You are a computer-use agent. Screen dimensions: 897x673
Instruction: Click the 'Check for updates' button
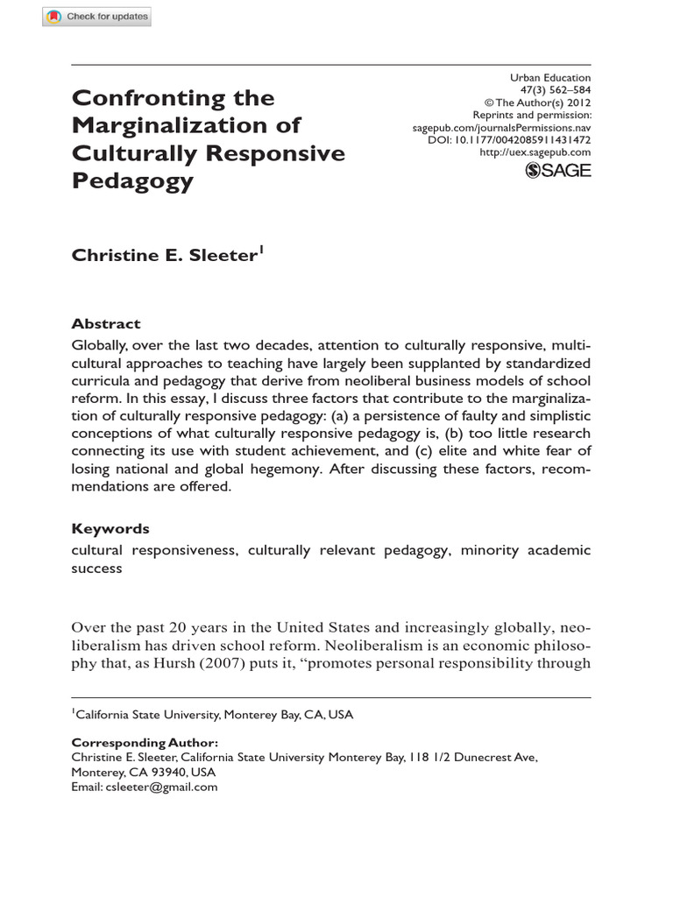(97, 17)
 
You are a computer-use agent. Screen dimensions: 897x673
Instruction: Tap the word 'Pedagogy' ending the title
(131, 180)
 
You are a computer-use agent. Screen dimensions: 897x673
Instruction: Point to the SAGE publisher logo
(557, 170)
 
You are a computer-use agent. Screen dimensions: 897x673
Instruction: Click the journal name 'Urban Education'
(550, 78)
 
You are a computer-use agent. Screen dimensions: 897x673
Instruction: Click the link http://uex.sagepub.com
(535, 152)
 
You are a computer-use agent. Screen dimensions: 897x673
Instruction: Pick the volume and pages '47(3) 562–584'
(558, 90)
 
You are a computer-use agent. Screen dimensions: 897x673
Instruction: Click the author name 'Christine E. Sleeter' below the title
(163, 256)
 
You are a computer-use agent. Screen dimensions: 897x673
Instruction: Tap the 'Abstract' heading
(105, 323)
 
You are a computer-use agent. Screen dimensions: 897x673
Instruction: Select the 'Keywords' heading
(110, 529)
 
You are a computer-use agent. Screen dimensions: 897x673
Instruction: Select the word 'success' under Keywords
(96, 569)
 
